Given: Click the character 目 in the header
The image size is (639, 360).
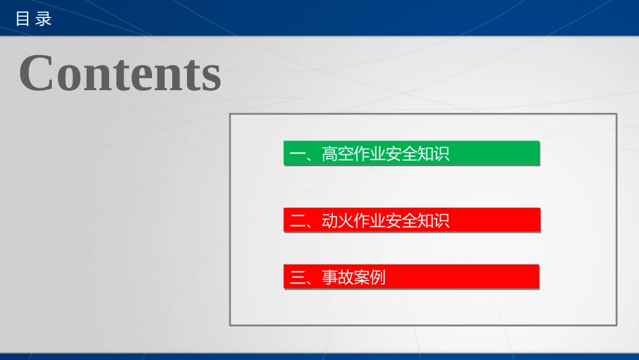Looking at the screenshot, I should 22,19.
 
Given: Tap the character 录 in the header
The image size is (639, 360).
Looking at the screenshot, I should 44,19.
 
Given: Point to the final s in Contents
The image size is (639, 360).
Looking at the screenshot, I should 211,75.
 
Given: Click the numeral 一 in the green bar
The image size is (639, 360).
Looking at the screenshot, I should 298,154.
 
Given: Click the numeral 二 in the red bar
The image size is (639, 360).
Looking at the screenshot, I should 298,221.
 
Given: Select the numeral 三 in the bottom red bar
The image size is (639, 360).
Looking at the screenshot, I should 298,277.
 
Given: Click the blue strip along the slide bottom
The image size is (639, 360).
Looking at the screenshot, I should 319,356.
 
